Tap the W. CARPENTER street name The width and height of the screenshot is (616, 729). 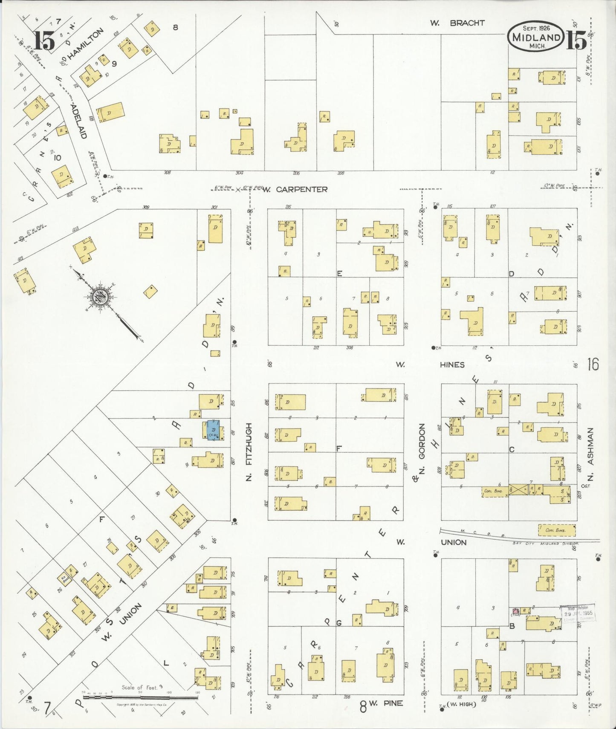click(x=295, y=189)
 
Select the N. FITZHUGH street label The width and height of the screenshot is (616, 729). click(x=249, y=452)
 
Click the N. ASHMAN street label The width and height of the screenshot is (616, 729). click(x=590, y=454)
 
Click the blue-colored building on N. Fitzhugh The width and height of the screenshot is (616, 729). click(x=213, y=430)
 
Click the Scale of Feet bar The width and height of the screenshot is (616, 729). click(x=141, y=697)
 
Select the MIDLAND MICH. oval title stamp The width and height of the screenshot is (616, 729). click(x=535, y=37)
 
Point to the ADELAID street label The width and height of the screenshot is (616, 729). click(x=78, y=121)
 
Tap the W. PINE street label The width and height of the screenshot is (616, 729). click(x=385, y=703)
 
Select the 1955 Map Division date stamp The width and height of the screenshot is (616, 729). click(x=578, y=613)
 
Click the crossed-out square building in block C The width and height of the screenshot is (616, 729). click(x=518, y=489)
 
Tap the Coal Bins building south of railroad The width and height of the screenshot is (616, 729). click(x=556, y=530)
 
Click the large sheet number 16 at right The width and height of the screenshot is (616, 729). click(x=593, y=364)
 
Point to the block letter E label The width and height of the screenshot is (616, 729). click(x=339, y=274)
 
